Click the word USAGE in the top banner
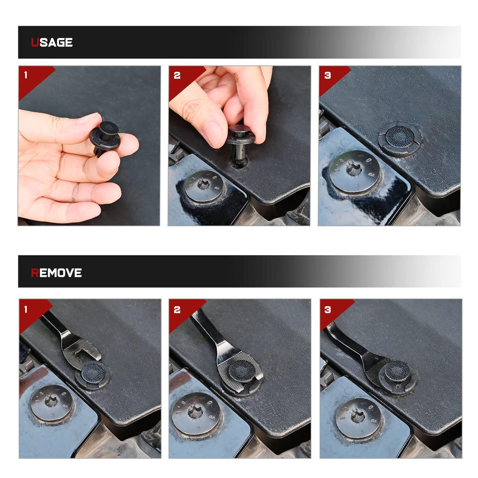click(52, 42)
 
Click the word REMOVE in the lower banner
click(56, 273)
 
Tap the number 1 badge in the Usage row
click(26, 75)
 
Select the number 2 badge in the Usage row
click(177, 75)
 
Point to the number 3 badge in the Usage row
click(327, 75)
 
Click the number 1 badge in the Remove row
click(26, 309)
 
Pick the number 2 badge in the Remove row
click(177, 309)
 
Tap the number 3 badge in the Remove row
click(327, 309)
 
